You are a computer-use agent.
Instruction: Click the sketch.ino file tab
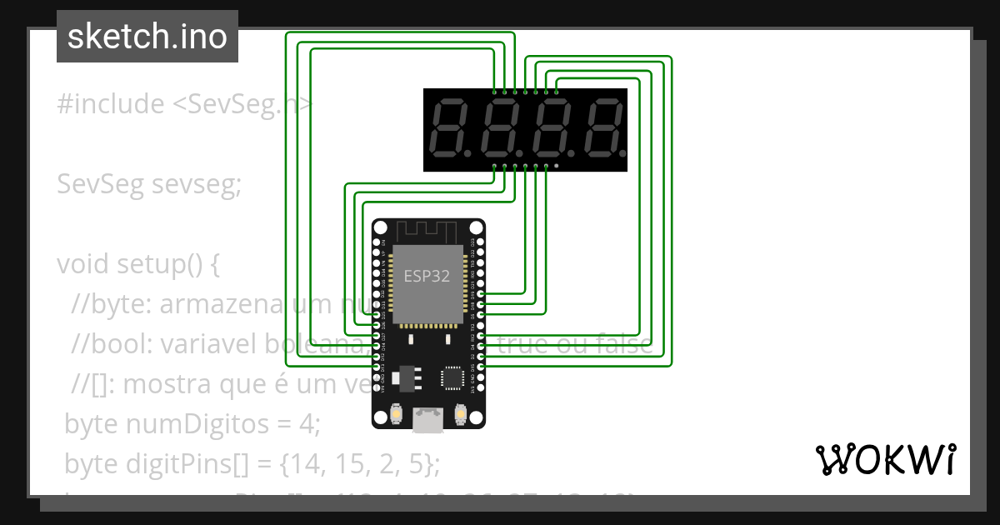(147, 37)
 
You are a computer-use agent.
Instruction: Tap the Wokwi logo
(885, 459)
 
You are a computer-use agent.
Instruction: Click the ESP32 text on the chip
(427, 277)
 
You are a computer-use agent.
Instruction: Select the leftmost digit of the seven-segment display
(454, 129)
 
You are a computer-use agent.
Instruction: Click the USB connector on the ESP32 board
(428, 420)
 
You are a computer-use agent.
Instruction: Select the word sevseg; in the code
(197, 185)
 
